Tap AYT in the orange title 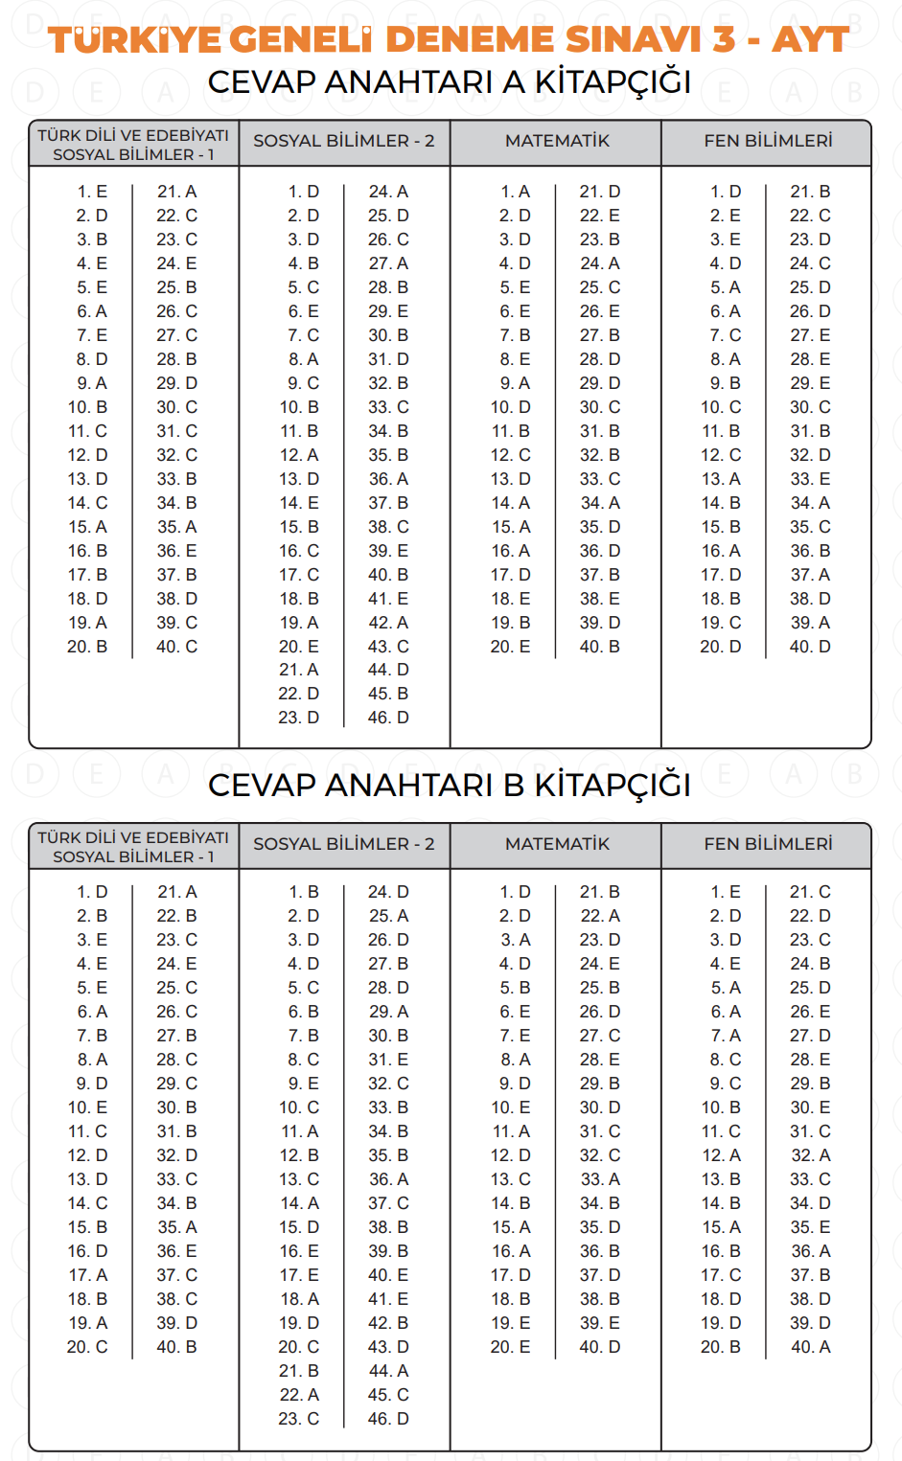point(810,39)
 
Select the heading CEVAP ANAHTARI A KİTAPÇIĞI point(450,82)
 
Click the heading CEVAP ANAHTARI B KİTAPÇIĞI point(450,785)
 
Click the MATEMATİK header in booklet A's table point(557,141)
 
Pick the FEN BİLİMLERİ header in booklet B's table point(768,844)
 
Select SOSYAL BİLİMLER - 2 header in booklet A point(344,141)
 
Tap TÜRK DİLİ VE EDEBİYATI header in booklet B point(133,837)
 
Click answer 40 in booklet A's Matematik point(599,647)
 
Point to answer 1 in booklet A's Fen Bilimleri point(726,192)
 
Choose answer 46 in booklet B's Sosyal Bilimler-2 point(388,1419)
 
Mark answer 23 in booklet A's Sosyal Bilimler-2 point(299,718)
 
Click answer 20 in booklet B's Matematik point(510,1347)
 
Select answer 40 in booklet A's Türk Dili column point(177,647)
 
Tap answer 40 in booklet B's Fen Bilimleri point(810,1347)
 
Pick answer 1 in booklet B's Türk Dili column point(92,892)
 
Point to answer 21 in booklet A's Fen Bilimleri point(810,192)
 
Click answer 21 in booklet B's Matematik point(599,892)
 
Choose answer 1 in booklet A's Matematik point(515,192)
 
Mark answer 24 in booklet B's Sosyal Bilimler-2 point(388,892)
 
